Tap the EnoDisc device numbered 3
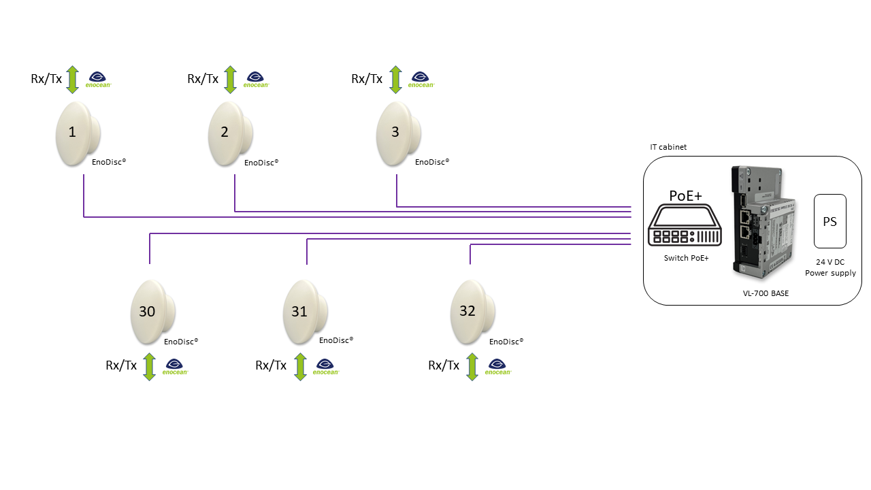point(399,133)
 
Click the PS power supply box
point(830,221)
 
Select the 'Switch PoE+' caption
point(687,258)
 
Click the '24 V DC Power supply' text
point(830,267)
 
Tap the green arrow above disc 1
point(73,79)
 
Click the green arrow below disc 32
point(472,366)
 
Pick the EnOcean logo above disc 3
point(421,80)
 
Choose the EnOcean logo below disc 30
point(175,367)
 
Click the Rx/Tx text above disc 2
point(203,79)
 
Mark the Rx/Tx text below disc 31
point(271,365)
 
